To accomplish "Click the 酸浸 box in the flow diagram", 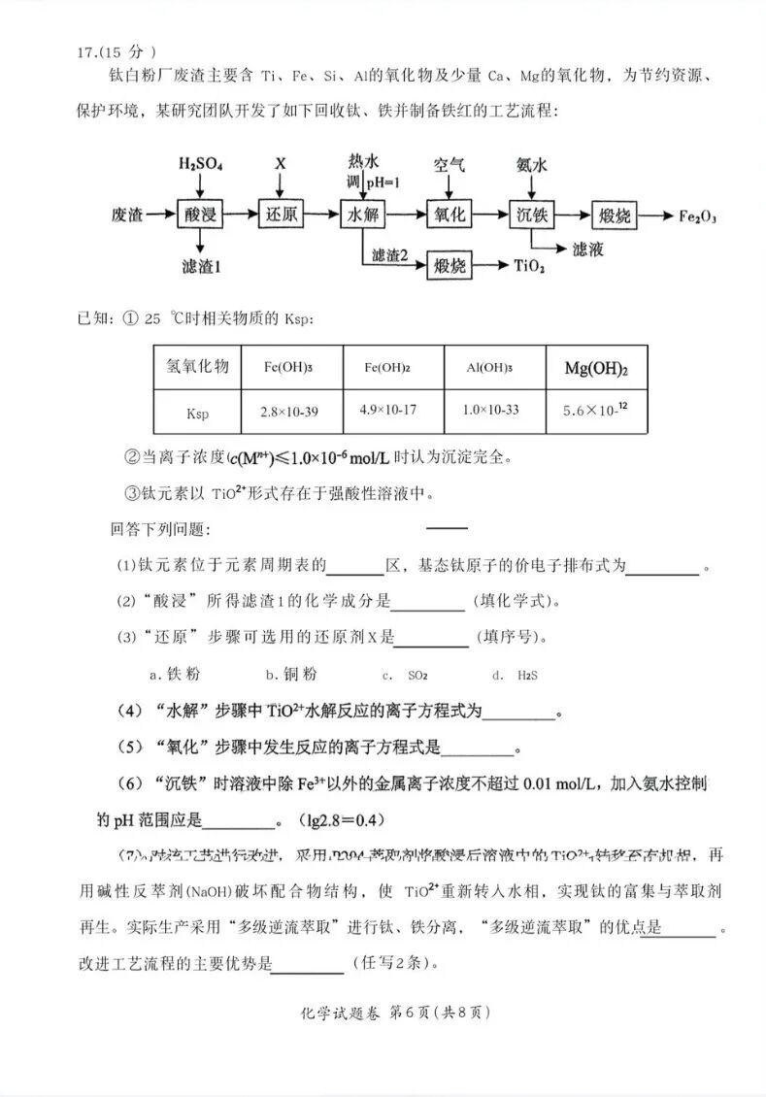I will (x=201, y=214).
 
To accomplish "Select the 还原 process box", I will (x=283, y=214).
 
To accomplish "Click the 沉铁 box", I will (x=532, y=214).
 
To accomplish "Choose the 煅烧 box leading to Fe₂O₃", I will (x=614, y=214).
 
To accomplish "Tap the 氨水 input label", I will (x=532, y=164).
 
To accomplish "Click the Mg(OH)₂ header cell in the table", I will (x=596, y=368).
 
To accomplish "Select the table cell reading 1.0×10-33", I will (x=493, y=412).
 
